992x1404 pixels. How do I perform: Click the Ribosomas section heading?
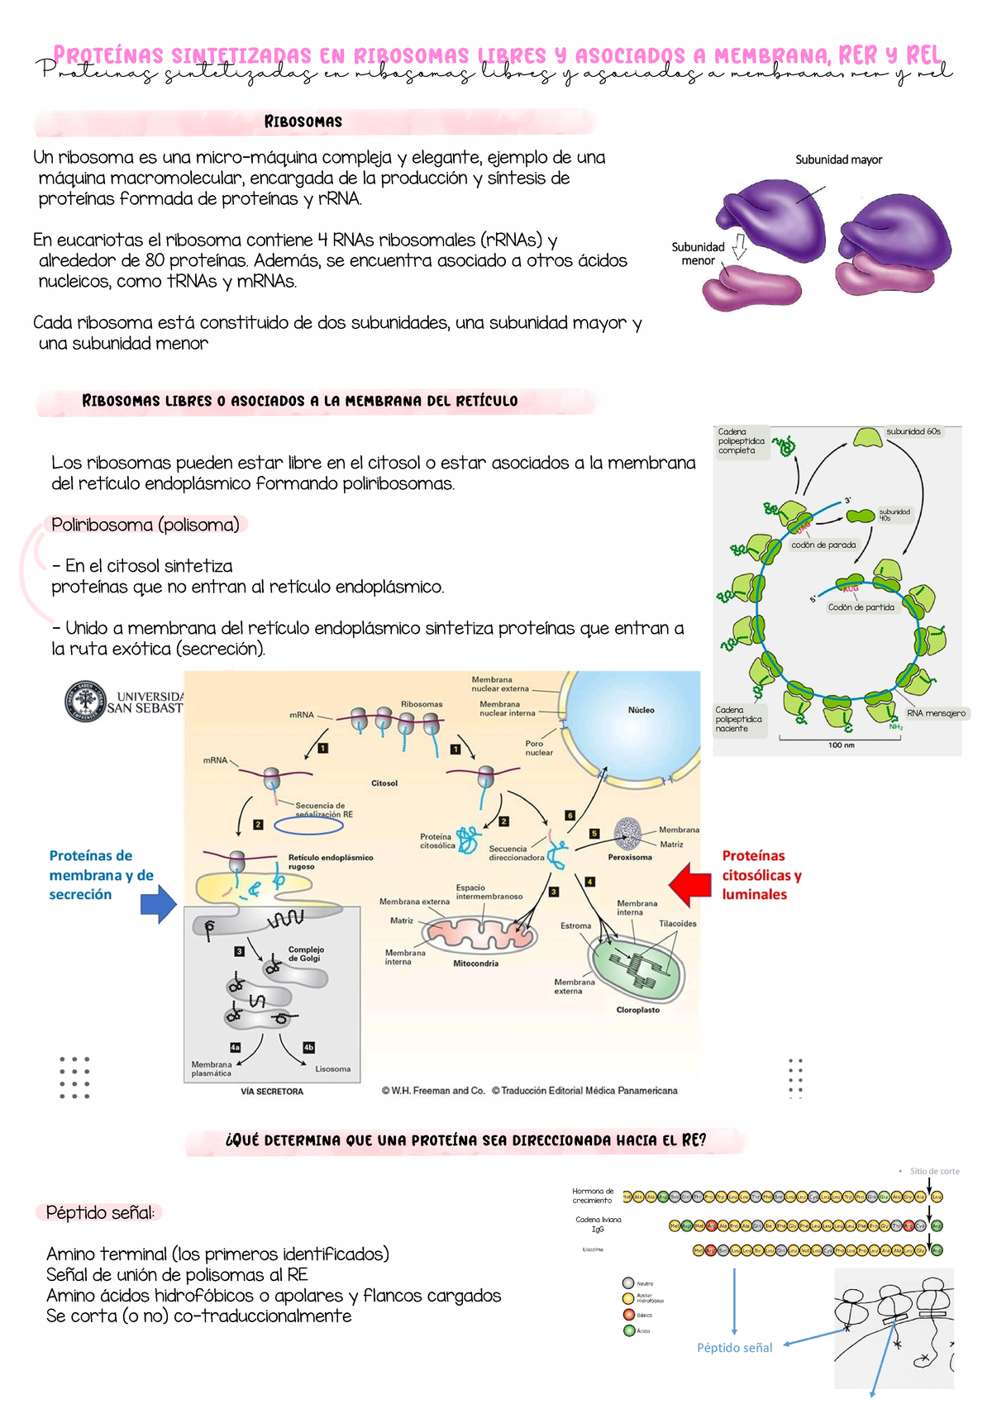(x=303, y=121)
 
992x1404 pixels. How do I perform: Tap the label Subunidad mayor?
(x=838, y=159)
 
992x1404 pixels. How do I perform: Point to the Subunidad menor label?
(x=698, y=254)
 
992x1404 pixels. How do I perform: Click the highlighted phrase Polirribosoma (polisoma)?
(x=145, y=525)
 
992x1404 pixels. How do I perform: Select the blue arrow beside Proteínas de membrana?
(x=159, y=903)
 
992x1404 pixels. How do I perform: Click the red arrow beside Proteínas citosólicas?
(x=689, y=884)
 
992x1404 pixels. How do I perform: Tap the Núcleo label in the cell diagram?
(x=641, y=710)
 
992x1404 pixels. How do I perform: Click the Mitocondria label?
(x=475, y=964)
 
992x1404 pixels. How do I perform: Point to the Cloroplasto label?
(x=637, y=1010)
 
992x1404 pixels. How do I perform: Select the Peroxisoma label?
(x=630, y=857)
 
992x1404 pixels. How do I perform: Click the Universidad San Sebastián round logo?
(x=85, y=701)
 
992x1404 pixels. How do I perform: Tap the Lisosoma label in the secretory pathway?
(x=332, y=1068)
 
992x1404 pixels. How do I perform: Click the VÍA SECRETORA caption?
(x=272, y=1092)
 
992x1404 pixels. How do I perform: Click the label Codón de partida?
(x=861, y=607)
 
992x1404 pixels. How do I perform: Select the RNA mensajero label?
(x=936, y=713)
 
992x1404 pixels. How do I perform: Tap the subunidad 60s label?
(x=913, y=431)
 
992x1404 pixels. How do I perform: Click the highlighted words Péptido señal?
(x=99, y=1212)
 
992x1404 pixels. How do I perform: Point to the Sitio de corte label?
(x=934, y=1171)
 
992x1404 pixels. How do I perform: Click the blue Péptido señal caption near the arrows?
(x=734, y=1348)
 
